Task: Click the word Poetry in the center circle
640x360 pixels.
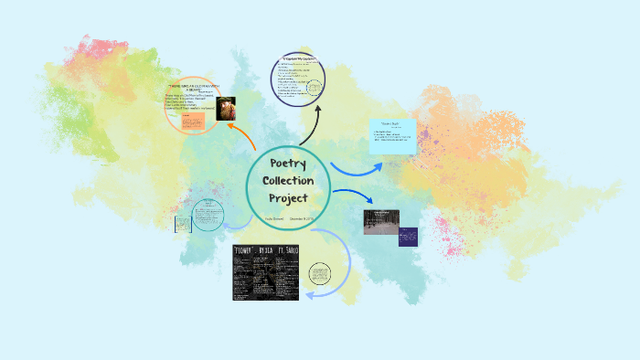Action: pos(288,163)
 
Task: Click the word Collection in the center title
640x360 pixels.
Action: pos(288,180)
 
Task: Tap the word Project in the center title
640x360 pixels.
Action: pos(288,197)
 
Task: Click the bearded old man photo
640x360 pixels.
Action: pos(226,108)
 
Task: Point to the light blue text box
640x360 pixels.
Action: pos(392,136)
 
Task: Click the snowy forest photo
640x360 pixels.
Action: pos(380,222)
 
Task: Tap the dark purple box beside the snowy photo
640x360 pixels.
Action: pos(408,237)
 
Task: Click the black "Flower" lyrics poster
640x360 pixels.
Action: pos(264,272)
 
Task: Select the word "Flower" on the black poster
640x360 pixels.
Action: pos(243,250)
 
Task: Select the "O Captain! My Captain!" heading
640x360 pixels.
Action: pos(301,62)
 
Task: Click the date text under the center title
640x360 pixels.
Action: pos(302,219)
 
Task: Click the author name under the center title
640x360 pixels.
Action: pos(274,219)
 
